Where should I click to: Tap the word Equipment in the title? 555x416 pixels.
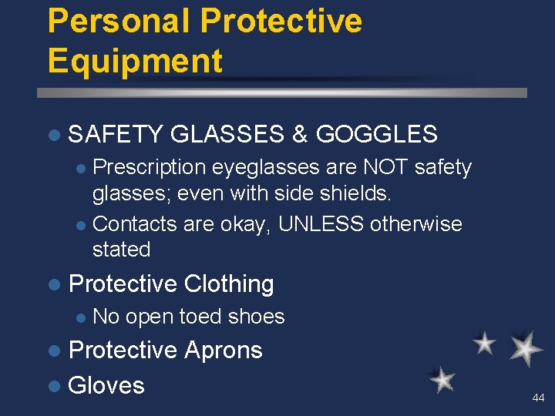click(135, 61)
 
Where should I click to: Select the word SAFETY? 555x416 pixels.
click(116, 135)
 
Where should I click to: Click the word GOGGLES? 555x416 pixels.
click(376, 135)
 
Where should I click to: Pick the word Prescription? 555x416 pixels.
click(150, 167)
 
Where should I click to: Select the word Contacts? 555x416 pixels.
click(136, 224)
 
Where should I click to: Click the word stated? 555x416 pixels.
click(121, 249)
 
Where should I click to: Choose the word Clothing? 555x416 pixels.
click(229, 283)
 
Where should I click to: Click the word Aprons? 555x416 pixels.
click(224, 350)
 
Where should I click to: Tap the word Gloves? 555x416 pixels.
click(106, 384)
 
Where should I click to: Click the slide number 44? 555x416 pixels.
click(538, 398)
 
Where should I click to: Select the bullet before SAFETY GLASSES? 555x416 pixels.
click(53, 136)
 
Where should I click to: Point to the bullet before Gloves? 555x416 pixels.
click(53, 385)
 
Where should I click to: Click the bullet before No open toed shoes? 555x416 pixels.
click(82, 317)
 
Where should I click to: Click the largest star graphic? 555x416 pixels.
click(526, 348)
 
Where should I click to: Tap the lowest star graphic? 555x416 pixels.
click(442, 379)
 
